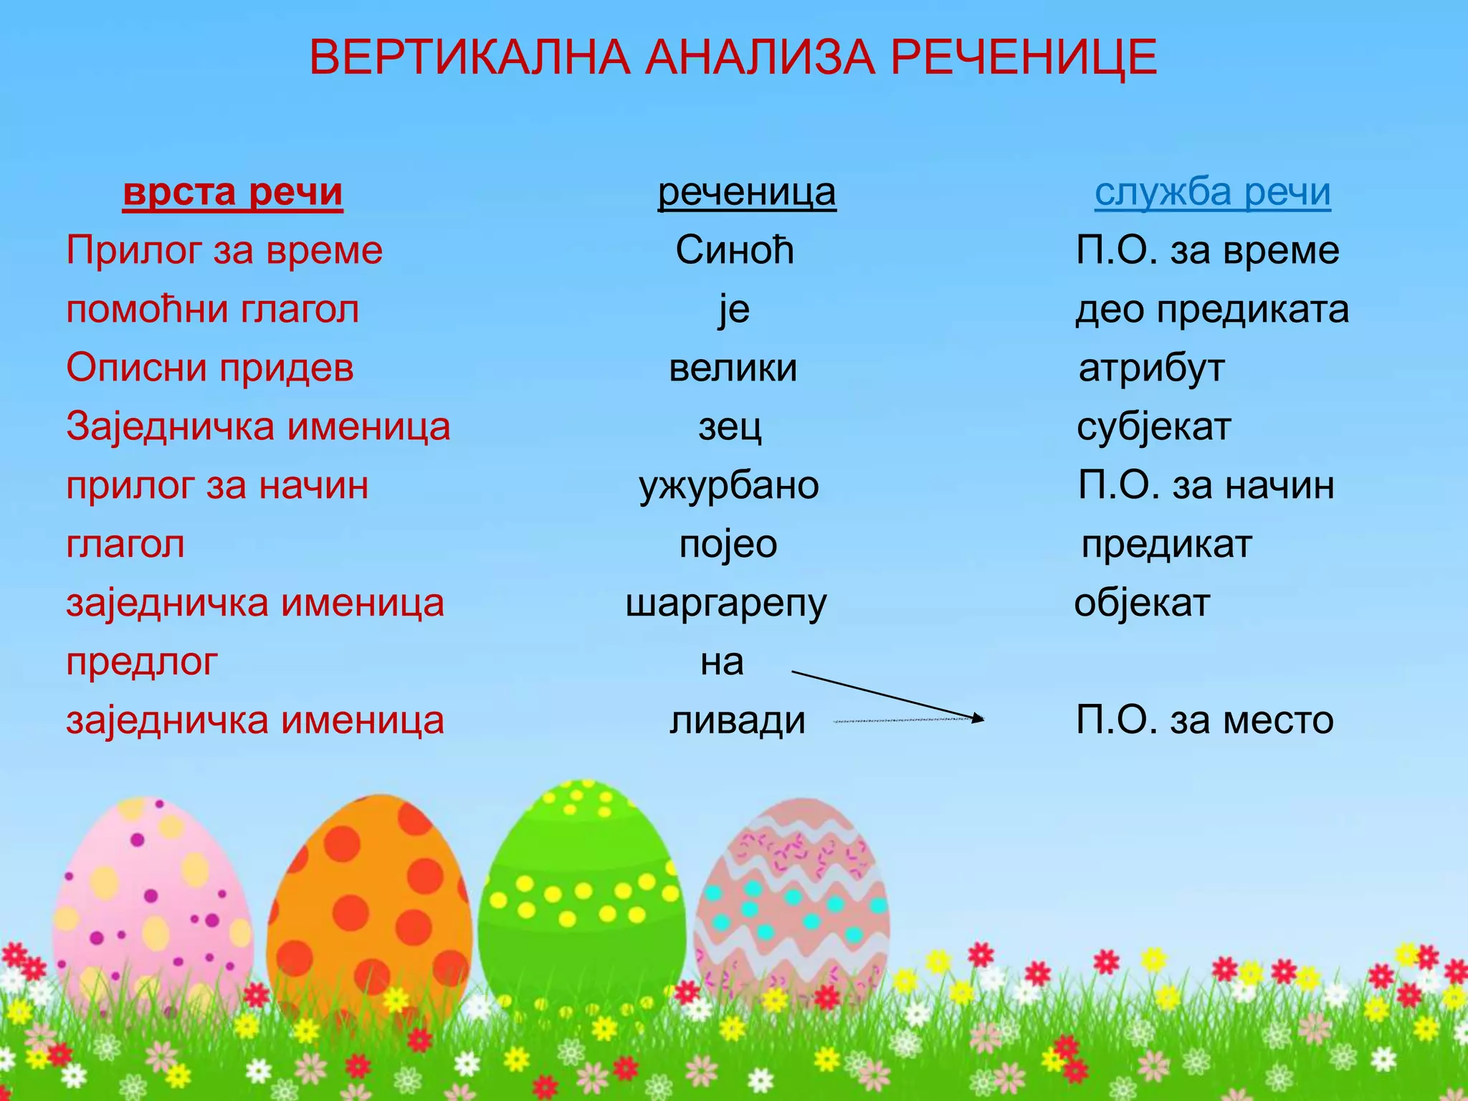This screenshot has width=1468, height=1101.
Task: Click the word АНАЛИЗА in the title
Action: point(760,57)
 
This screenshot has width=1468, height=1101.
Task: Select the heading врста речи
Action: point(233,192)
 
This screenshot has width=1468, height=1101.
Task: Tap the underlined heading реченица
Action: point(747,192)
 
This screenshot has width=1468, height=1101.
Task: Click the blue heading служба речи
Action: point(1212,192)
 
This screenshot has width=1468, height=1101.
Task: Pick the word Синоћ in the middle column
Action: point(735,251)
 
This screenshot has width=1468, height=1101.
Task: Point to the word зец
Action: point(730,427)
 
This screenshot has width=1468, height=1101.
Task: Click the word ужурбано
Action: point(729,486)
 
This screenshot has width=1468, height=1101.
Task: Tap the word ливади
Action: point(738,720)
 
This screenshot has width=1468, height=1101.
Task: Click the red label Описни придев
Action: point(210,368)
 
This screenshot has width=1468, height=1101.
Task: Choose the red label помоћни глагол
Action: point(213,310)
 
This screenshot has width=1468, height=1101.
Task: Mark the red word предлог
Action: point(142,662)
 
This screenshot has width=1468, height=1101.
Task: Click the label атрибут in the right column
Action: point(1151,368)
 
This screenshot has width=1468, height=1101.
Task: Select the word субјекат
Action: point(1154,427)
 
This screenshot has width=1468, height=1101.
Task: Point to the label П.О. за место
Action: point(1204,720)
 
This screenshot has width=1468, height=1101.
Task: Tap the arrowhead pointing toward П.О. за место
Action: point(978,718)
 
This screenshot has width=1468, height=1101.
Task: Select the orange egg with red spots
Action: point(369,910)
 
